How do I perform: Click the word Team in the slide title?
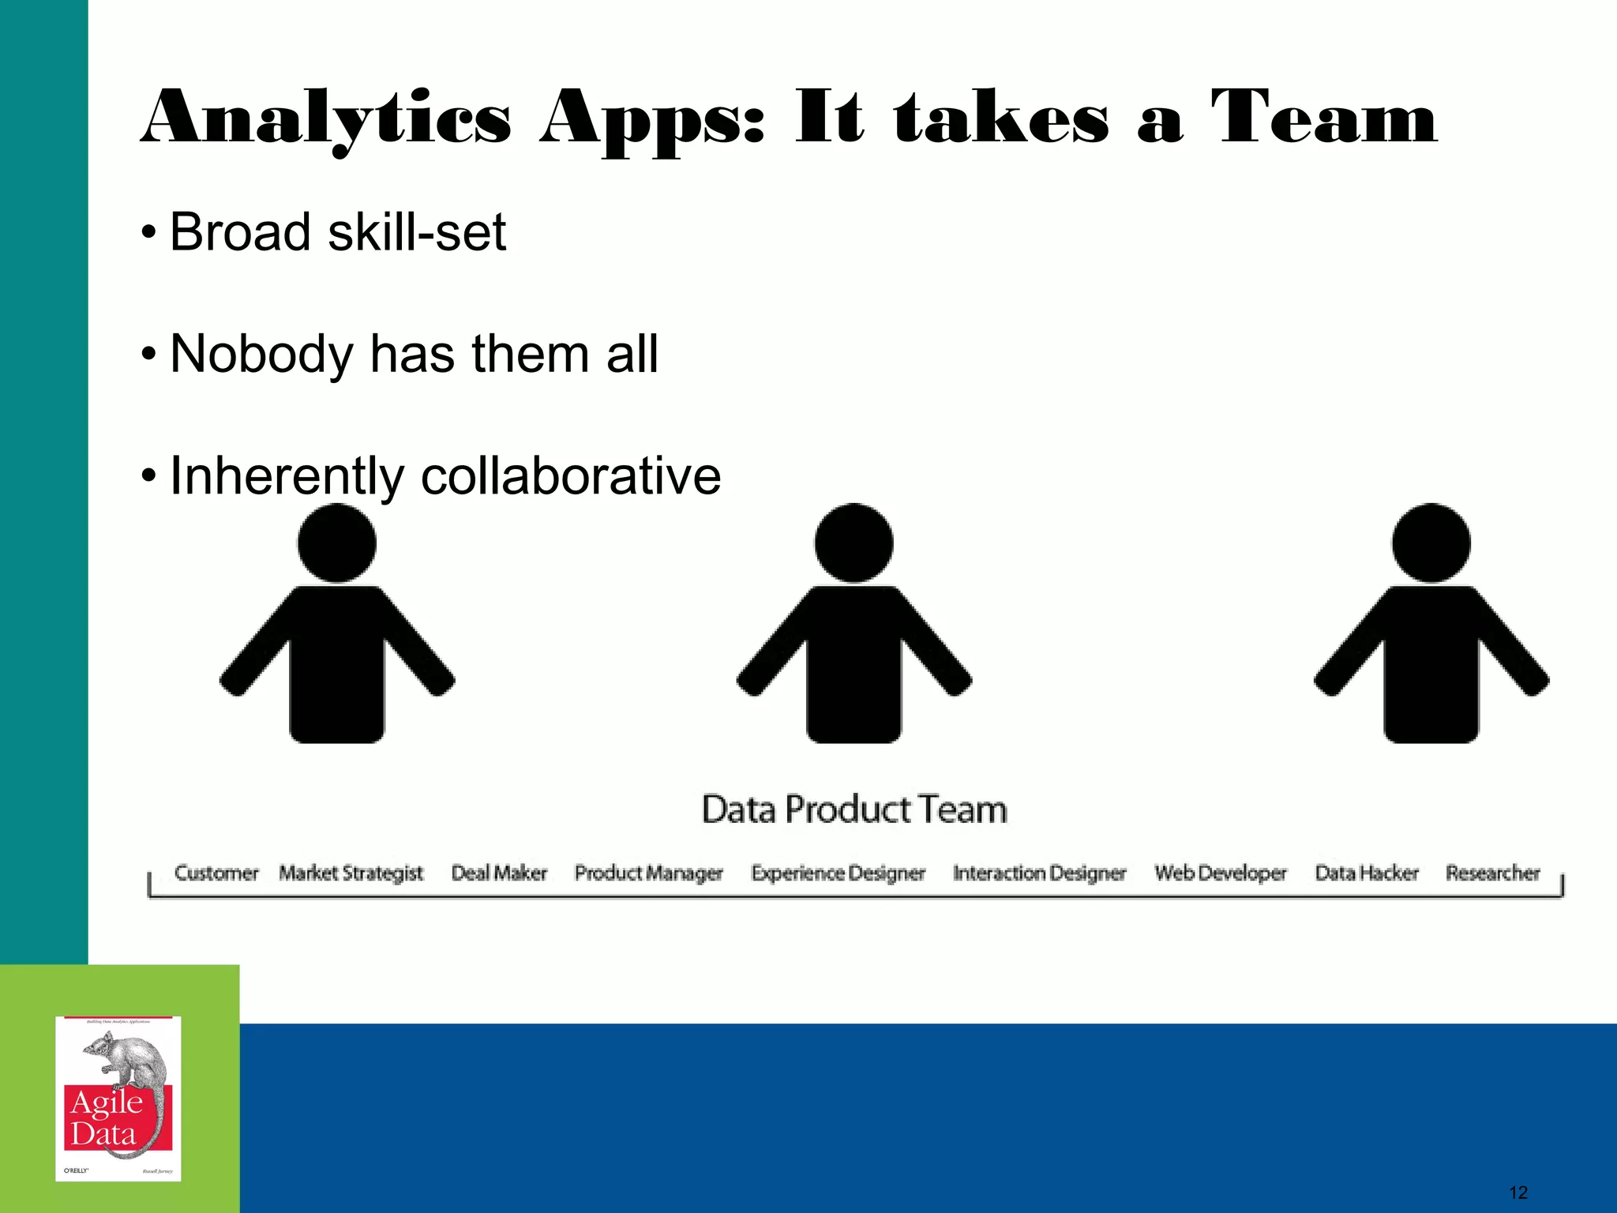(1325, 118)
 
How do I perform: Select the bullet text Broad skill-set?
(337, 232)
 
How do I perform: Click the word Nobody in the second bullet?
(261, 353)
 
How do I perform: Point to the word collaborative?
(570, 475)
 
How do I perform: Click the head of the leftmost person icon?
(337, 543)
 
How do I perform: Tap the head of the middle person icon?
(854, 543)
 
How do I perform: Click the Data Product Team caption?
(854, 809)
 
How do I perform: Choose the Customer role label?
(216, 873)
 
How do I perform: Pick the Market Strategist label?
(351, 873)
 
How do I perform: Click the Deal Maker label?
(499, 873)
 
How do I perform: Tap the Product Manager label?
(648, 873)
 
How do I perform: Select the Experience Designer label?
(838, 873)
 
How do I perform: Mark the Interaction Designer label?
(1039, 873)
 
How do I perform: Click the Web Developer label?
(1220, 873)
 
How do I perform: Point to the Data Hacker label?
(1367, 873)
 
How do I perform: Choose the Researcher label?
(1492, 873)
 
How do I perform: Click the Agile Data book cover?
(118, 1098)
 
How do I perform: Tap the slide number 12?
(1518, 1192)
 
